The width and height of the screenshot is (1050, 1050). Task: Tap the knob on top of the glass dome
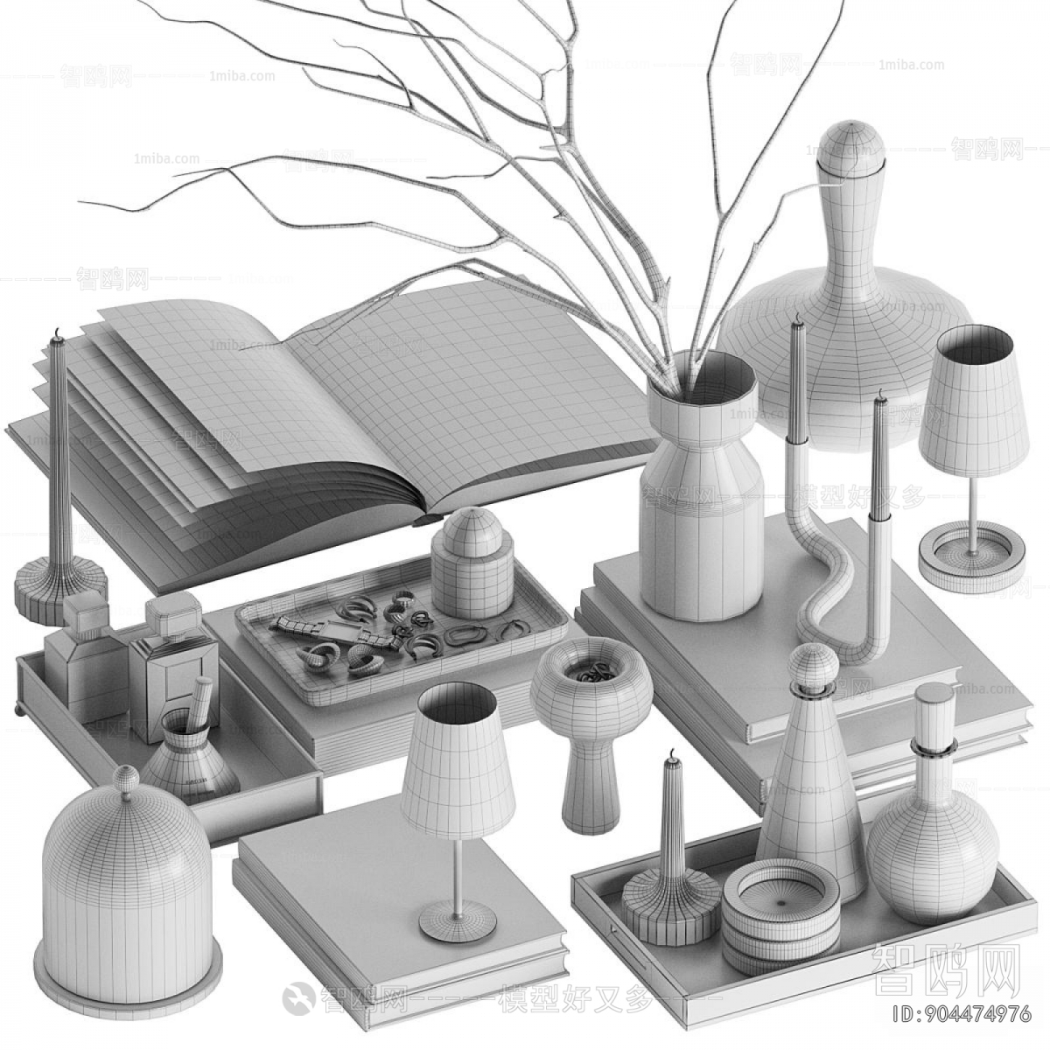click(127, 779)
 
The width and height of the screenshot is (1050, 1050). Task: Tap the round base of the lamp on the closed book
click(458, 920)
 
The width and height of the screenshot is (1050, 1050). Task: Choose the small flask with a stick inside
click(189, 757)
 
